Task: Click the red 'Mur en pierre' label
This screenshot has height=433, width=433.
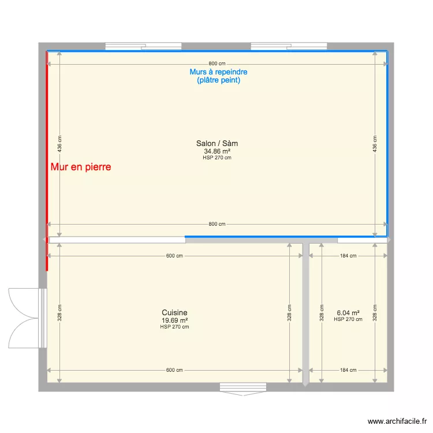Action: tap(80, 167)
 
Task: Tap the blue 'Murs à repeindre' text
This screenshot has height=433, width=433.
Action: tap(218, 72)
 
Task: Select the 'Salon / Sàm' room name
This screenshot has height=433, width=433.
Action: tap(217, 143)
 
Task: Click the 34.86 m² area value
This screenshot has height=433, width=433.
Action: tap(217, 151)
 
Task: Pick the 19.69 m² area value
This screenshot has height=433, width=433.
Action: tap(174, 320)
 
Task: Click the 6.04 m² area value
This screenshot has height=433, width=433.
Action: tap(348, 312)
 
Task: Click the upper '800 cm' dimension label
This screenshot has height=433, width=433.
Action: tap(217, 64)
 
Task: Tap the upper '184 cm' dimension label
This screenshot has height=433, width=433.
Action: tap(348, 256)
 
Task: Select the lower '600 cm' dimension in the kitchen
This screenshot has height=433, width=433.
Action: tap(174, 370)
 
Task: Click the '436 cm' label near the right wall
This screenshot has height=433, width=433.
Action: tap(375, 144)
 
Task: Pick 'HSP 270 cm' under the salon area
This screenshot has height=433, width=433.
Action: tap(217, 158)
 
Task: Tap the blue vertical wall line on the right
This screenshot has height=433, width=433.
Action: tap(387, 144)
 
